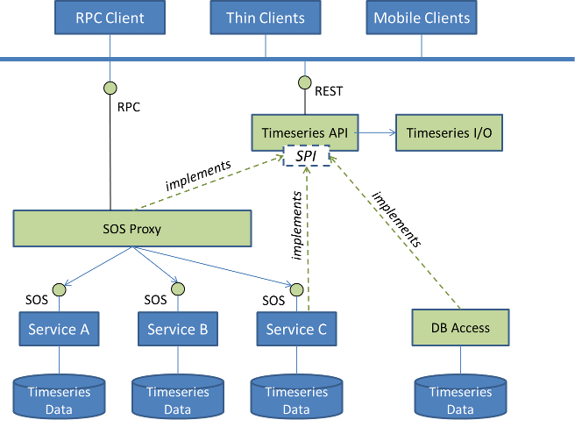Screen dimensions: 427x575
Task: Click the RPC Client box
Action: pos(110,18)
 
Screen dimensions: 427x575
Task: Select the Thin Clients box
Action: pos(266,18)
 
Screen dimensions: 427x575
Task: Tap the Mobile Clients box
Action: pos(422,18)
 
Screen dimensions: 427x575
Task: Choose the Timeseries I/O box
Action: pos(450,133)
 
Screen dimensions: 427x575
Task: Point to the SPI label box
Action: pos(306,156)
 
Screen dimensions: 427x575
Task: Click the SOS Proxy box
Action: pos(132,230)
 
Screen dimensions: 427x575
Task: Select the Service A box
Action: pos(59,330)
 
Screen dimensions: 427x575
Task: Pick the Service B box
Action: pos(177,330)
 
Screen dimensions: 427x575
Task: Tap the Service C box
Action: pos(296,330)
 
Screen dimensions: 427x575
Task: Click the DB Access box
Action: pos(460,328)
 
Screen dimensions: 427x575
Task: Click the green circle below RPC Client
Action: pos(110,88)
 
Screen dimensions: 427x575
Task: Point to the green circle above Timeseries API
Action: pos(305,83)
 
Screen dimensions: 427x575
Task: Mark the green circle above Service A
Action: pos(59,289)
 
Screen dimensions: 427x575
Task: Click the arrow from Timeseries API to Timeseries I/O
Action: pos(377,133)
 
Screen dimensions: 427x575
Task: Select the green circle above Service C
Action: pos(296,289)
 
